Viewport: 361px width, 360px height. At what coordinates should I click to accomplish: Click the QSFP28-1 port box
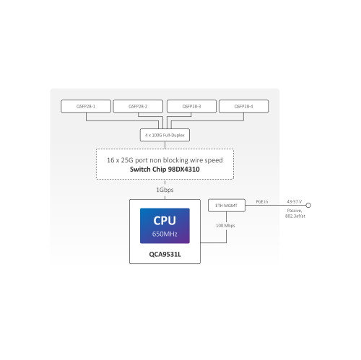click(x=85, y=106)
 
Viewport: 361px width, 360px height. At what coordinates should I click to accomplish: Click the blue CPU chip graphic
click(x=164, y=226)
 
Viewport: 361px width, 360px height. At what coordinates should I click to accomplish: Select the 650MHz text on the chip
click(x=164, y=234)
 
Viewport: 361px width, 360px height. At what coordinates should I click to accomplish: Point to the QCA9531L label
click(x=164, y=254)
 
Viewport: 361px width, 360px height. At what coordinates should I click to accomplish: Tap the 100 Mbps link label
click(x=225, y=225)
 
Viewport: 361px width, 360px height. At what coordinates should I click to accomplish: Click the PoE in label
click(x=261, y=202)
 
